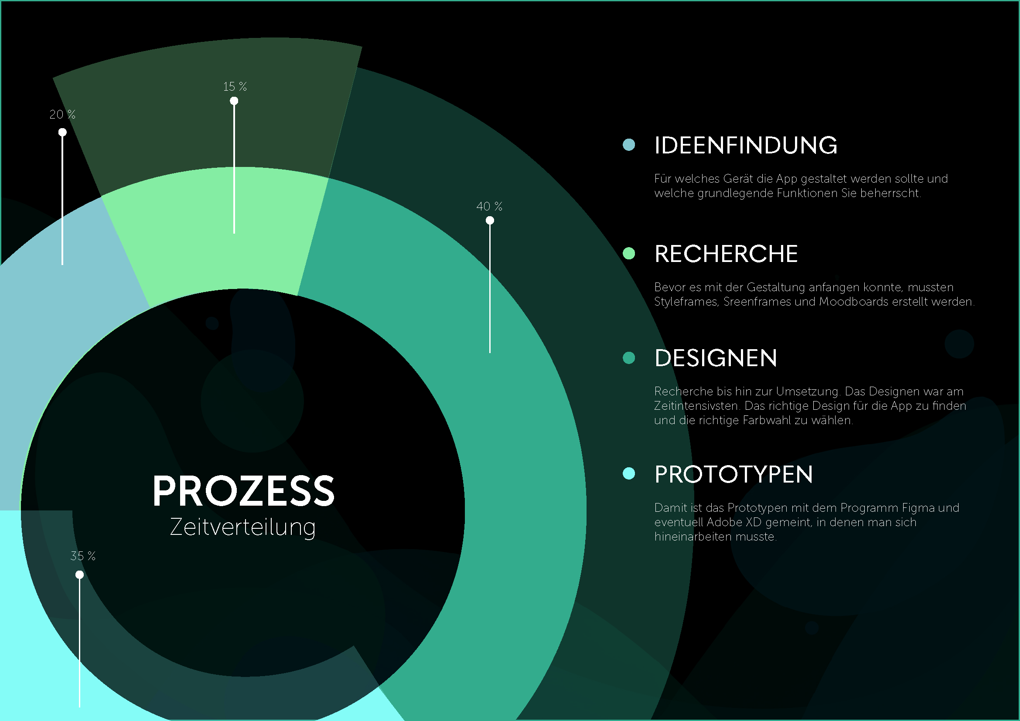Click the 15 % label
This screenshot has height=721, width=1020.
[x=235, y=87]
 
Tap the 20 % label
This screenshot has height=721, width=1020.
[x=62, y=115]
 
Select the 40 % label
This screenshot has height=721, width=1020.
[x=489, y=207]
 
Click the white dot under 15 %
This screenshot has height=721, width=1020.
[x=234, y=101]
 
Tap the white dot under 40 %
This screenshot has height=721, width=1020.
[x=490, y=221]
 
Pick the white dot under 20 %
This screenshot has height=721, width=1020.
[x=63, y=133]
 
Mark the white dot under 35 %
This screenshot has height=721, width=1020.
[x=79, y=575]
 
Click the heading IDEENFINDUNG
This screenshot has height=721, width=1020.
[x=745, y=146]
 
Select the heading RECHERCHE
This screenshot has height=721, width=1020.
[x=726, y=254]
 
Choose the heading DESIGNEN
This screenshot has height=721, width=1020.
[x=716, y=358]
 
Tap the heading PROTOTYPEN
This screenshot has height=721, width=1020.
[x=733, y=475]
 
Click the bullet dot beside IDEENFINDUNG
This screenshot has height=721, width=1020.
[x=629, y=145]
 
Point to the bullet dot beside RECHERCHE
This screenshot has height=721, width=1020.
[x=629, y=254]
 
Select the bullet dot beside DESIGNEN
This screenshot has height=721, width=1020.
[x=629, y=358]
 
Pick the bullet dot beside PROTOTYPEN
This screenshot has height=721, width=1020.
[x=629, y=474]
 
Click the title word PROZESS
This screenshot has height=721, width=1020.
[x=243, y=491]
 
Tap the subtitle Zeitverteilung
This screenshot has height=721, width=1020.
[x=242, y=527]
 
